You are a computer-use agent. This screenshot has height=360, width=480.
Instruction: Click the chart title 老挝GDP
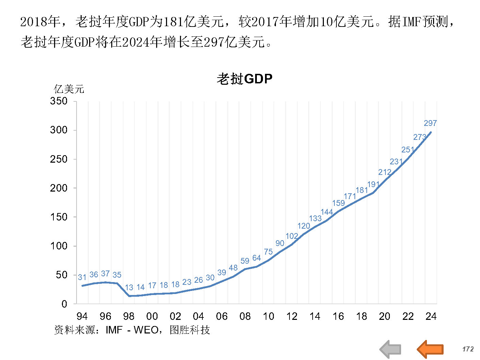tap(245, 79)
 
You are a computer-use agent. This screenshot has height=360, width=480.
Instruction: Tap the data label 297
tap(430, 123)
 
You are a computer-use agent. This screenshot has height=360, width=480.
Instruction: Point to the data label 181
tap(362, 190)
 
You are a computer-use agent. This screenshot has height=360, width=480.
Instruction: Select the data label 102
tap(292, 236)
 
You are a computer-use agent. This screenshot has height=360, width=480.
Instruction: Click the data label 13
tap(129, 288)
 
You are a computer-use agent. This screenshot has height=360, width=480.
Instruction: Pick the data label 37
tap(105, 274)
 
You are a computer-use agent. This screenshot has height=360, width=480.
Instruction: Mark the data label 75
tap(268, 252)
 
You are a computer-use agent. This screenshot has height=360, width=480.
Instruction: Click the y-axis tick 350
tap(59, 101)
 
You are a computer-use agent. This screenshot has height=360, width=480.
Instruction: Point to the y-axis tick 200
tap(59, 188)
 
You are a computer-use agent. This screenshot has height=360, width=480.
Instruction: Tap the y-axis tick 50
tap(62, 275)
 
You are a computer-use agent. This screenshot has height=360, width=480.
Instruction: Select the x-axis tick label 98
tap(129, 316)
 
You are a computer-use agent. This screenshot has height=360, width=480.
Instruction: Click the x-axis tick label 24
tap(431, 316)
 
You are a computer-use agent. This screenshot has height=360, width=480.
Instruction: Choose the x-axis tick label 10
tap(268, 316)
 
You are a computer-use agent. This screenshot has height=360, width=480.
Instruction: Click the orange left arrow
tap(430, 349)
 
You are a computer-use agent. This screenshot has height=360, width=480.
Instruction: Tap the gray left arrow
tap(390, 349)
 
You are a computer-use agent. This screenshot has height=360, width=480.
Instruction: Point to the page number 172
tap(468, 349)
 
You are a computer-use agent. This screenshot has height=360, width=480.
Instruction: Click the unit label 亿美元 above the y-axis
tap(69, 89)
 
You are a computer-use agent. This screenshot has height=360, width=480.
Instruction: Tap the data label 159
tap(338, 203)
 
